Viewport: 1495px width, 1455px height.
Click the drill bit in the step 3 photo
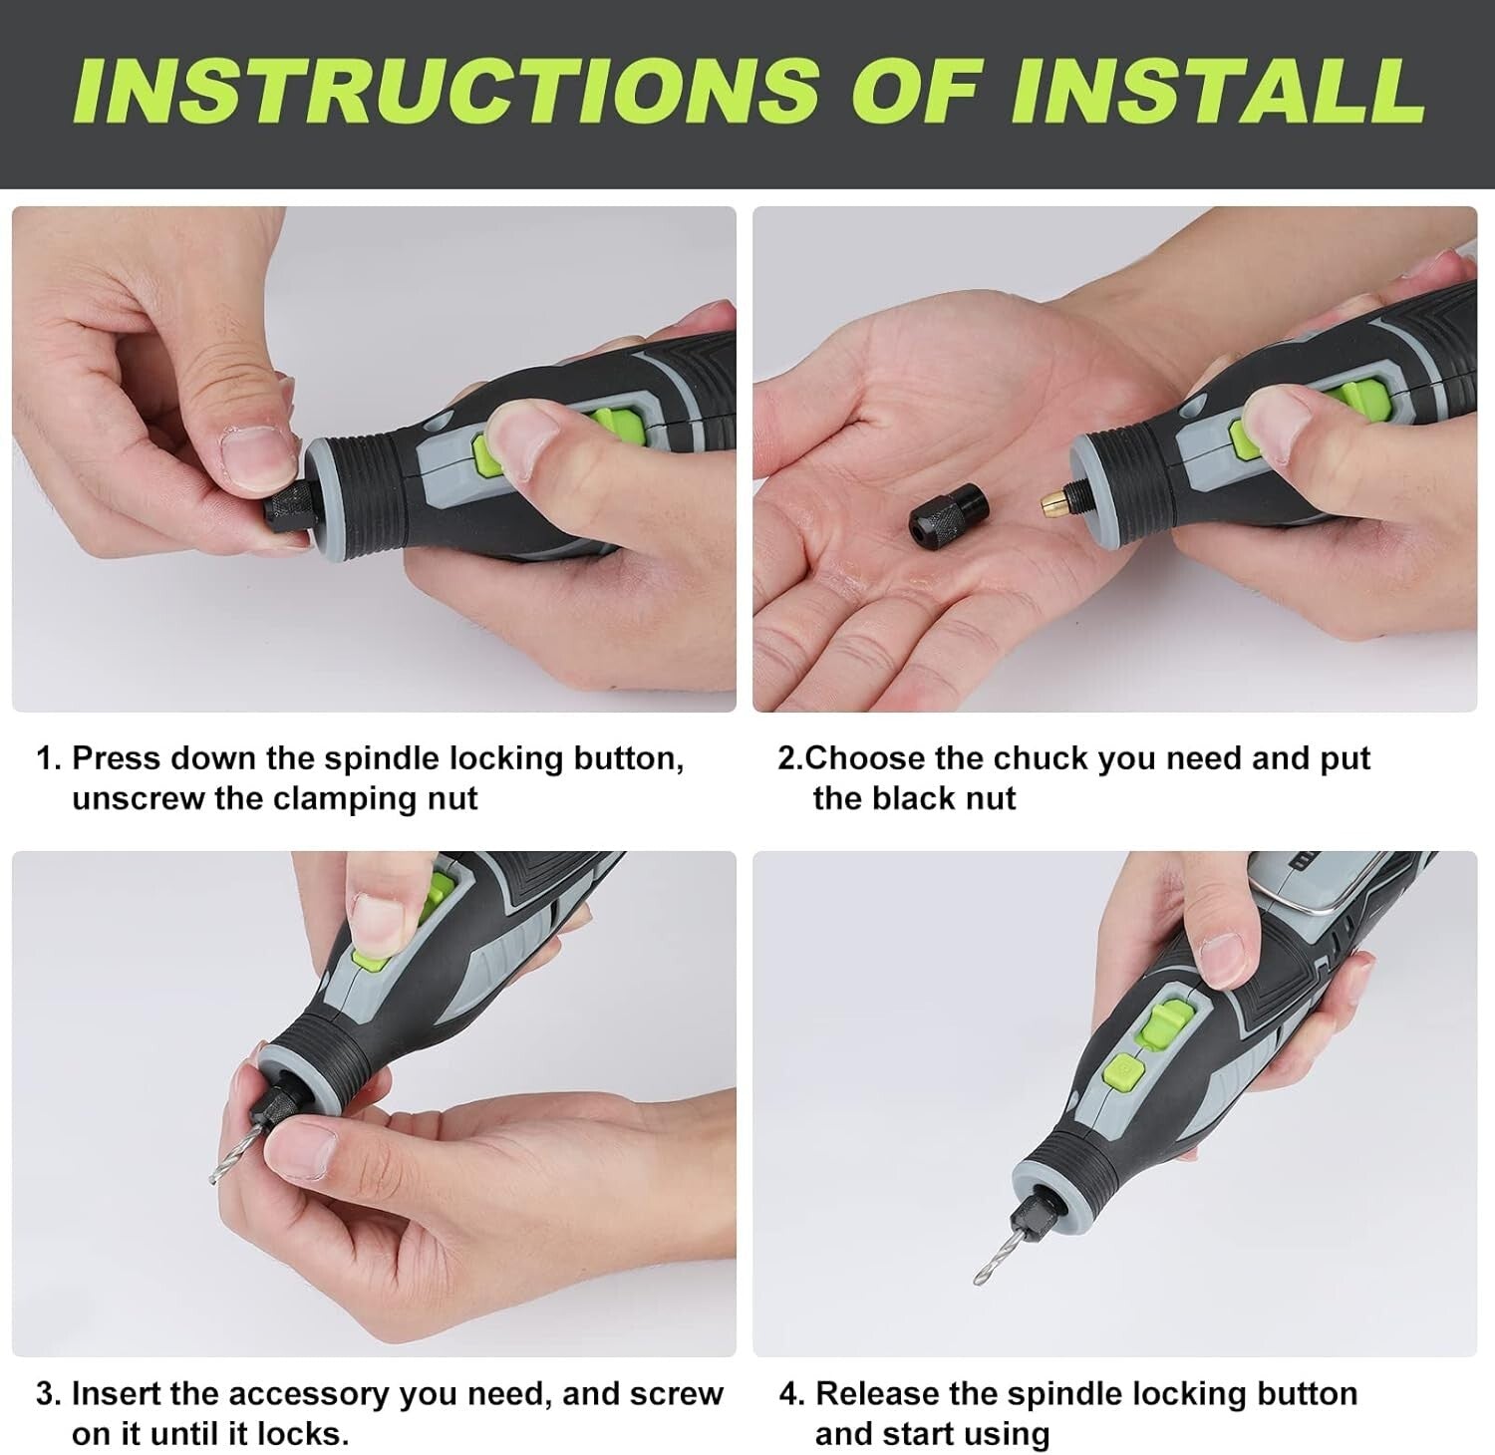point(226,1150)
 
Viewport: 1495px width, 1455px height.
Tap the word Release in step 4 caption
point(882,1393)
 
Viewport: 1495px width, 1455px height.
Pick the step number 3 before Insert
point(45,1393)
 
